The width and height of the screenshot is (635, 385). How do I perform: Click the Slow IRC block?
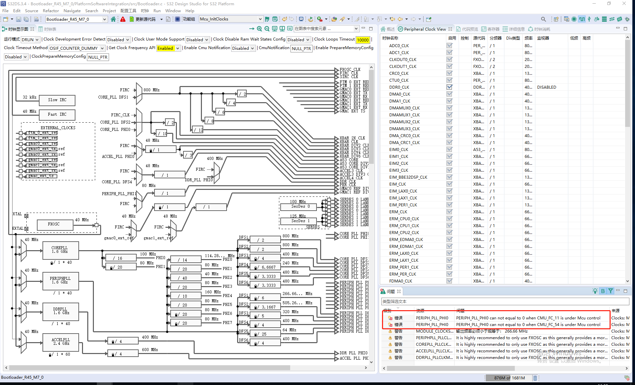(x=57, y=100)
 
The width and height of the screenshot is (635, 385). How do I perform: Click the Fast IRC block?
(x=57, y=114)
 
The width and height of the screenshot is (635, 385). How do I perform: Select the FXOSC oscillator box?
(x=54, y=224)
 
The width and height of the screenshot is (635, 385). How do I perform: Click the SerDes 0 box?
(x=298, y=207)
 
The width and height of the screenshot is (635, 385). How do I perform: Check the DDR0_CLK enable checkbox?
(x=450, y=87)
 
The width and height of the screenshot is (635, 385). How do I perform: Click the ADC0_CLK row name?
(x=399, y=46)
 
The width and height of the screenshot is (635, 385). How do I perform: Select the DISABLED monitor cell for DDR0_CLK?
(x=546, y=87)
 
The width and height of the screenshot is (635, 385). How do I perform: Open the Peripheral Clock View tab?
(x=425, y=29)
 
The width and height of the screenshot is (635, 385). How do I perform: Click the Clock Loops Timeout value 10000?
(x=363, y=40)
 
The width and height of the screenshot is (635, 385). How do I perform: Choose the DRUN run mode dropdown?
(x=30, y=40)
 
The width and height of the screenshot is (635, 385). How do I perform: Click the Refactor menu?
(x=51, y=11)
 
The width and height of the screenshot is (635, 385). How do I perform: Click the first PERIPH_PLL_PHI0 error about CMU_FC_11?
(x=528, y=318)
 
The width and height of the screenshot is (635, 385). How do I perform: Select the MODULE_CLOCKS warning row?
(x=434, y=331)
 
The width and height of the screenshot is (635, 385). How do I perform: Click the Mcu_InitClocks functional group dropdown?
(x=231, y=19)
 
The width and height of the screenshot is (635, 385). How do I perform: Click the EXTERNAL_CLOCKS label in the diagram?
(x=58, y=128)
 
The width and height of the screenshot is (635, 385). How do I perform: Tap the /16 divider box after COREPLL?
(x=119, y=258)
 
